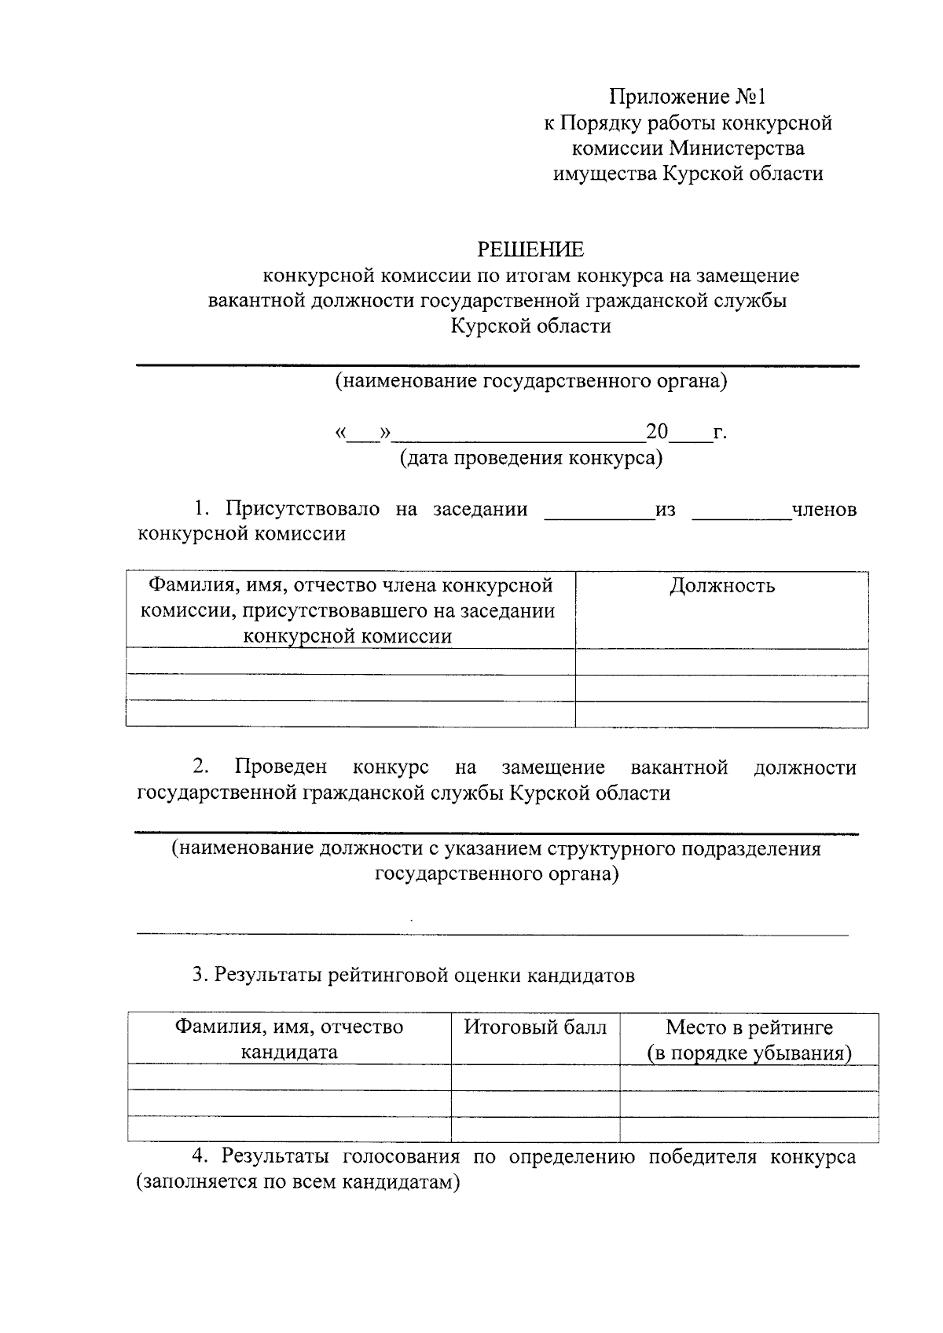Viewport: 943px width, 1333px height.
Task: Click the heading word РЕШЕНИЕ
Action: click(x=532, y=250)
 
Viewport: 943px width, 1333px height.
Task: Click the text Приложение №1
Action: click(x=687, y=97)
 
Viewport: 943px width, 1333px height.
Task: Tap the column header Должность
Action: click(x=721, y=586)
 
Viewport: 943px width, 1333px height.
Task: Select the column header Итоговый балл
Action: click(x=535, y=1027)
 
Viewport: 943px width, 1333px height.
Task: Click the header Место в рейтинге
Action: click(x=749, y=1027)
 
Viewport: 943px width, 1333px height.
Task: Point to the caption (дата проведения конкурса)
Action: click(x=531, y=458)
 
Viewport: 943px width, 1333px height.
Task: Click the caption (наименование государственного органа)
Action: click(x=531, y=382)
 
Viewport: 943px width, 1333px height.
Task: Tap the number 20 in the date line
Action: click(x=656, y=432)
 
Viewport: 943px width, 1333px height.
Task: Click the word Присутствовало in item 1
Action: click(x=303, y=509)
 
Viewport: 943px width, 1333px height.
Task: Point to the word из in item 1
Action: click(x=665, y=510)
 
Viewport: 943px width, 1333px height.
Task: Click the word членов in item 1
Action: click(x=824, y=510)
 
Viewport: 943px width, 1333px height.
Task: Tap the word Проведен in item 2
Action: click(x=281, y=767)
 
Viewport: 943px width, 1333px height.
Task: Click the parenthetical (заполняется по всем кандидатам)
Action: click(x=297, y=1182)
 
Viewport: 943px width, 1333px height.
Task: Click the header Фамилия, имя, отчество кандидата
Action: click(x=288, y=1039)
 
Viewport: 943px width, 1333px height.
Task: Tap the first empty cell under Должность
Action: click(x=721, y=662)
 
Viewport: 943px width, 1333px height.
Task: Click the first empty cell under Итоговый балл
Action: click(x=535, y=1078)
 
